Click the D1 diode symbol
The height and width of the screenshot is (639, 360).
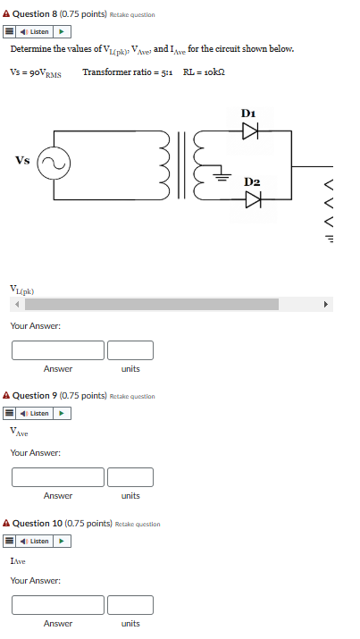tap(251, 131)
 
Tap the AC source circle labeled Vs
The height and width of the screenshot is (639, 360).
tap(52, 164)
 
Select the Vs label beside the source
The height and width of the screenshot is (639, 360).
tap(22, 161)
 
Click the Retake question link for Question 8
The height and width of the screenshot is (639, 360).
tap(132, 15)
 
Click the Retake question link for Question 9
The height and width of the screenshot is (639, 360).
tap(132, 396)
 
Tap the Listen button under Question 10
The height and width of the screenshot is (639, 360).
tap(38, 541)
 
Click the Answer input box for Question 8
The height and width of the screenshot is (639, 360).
tap(58, 350)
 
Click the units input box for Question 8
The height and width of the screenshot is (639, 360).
tap(130, 350)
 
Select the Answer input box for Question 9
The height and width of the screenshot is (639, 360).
tap(58, 477)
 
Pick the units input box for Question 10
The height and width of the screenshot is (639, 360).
tap(130, 605)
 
